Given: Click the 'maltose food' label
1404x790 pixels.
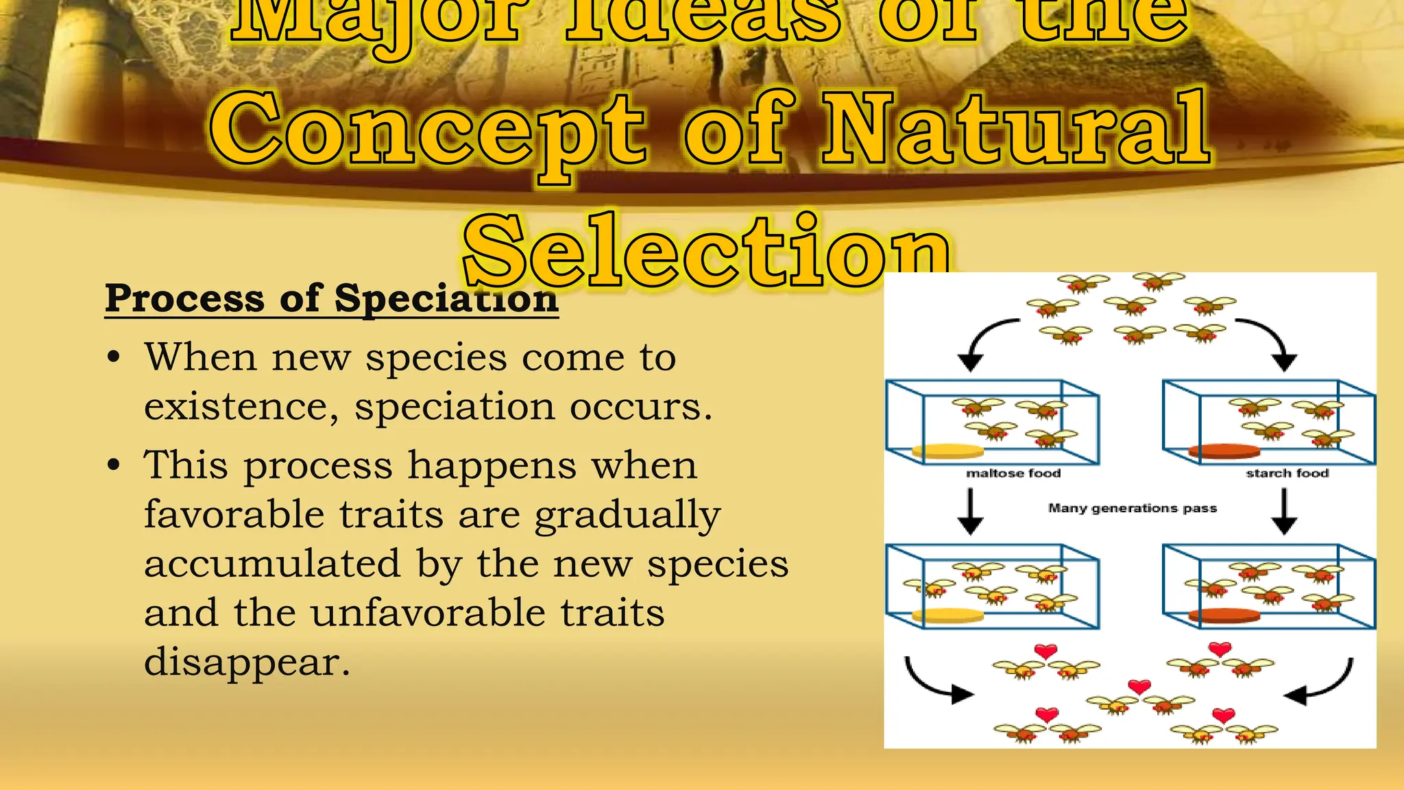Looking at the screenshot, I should (x=1013, y=473).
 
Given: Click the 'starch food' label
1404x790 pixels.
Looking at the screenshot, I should (x=1287, y=473).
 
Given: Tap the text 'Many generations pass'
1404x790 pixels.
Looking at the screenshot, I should (x=1132, y=508).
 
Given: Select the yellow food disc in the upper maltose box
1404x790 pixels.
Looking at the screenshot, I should (x=947, y=451).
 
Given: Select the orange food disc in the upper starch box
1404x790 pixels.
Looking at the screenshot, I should (x=1224, y=451).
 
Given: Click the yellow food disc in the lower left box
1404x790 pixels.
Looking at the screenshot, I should (x=947, y=615).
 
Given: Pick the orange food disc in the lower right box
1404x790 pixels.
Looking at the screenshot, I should (x=1224, y=615).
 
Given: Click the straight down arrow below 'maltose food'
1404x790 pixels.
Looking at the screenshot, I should (x=970, y=512).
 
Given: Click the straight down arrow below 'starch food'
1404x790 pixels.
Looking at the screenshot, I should (x=1283, y=512).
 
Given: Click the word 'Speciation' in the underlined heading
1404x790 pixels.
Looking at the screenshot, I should (x=446, y=299).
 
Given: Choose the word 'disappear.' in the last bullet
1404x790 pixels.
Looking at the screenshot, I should (x=247, y=662).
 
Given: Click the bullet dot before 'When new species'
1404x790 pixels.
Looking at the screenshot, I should (x=114, y=358).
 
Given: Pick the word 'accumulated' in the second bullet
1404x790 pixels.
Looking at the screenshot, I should (x=272, y=564).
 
